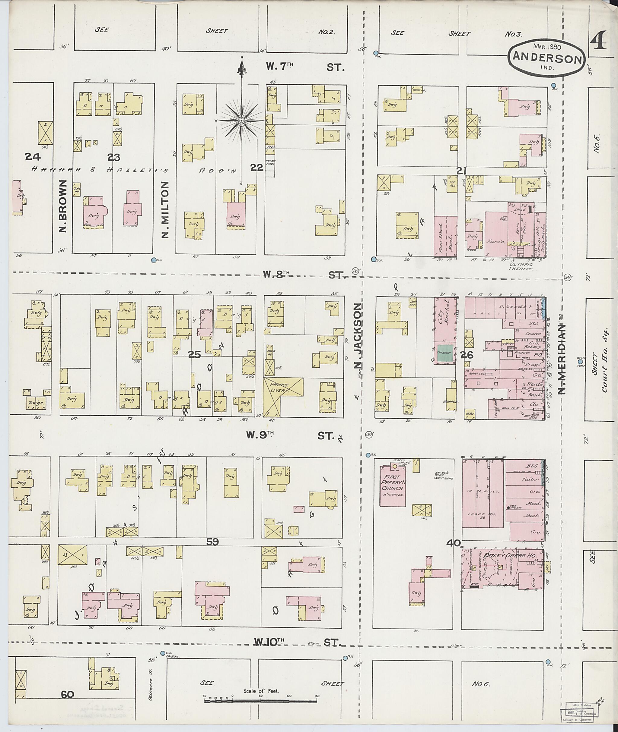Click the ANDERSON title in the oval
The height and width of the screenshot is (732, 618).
point(546,59)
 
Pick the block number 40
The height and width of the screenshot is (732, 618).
point(453,543)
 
